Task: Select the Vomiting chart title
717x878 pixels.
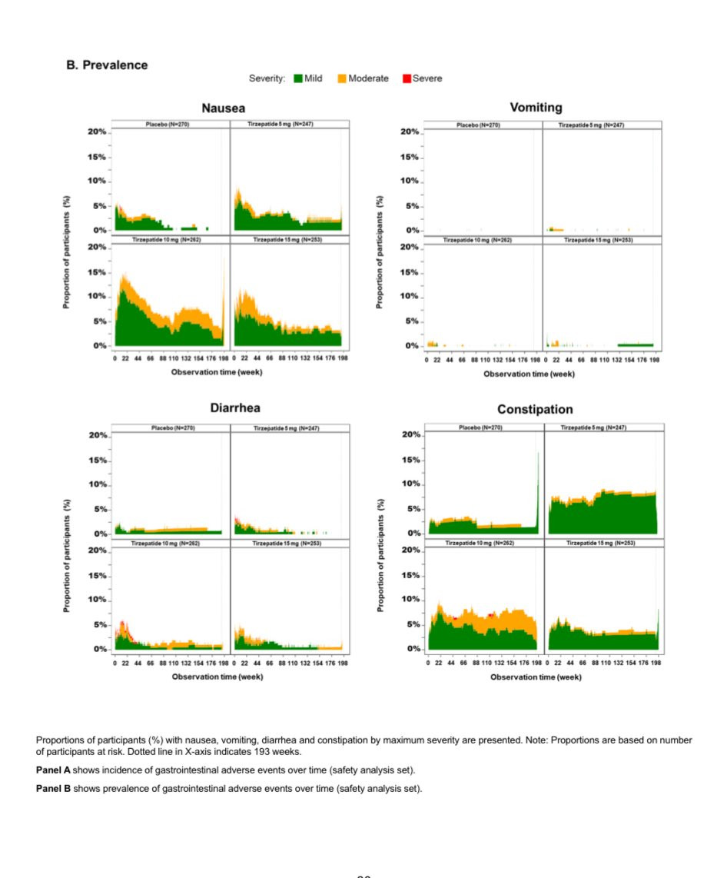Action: tap(536, 108)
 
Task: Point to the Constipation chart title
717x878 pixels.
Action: tap(535, 409)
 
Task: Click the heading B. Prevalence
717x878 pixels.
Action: tap(107, 65)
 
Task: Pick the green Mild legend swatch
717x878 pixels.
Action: tap(298, 78)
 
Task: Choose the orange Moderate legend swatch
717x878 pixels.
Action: tap(342, 78)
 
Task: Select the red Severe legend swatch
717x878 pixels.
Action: tap(407, 78)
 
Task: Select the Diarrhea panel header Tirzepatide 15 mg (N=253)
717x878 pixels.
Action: tap(289, 543)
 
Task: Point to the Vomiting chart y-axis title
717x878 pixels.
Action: tap(379, 252)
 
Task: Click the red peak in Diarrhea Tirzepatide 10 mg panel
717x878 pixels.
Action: tap(122, 624)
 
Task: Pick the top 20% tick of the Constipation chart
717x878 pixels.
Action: tap(410, 435)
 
